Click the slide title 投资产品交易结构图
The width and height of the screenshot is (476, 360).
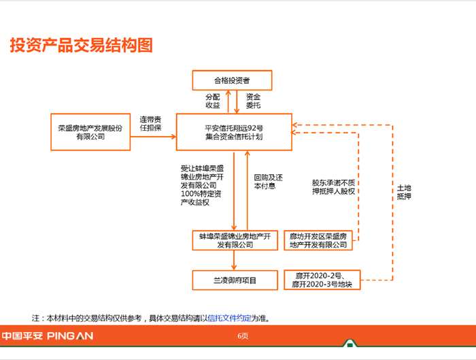[x=81, y=46]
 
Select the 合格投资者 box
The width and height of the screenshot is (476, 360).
[x=232, y=80]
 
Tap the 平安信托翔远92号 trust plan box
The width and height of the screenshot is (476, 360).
[x=234, y=132]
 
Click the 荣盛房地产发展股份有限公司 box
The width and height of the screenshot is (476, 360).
[x=90, y=132]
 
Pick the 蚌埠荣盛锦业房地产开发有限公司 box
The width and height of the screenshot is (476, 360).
[x=235, y=240]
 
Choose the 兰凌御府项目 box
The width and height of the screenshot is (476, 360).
[x=235, y=280]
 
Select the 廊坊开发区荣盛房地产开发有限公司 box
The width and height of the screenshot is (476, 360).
[x=318, y=240]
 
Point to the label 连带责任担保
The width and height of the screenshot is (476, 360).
[x=150, y=122]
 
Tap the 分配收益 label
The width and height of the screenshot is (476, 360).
[x=213, y=101]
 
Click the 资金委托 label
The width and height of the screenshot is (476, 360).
[x=253, y=101]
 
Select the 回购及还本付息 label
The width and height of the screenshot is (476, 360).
[x=268, y=182]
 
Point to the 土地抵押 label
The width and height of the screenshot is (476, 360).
[x=403, y=192]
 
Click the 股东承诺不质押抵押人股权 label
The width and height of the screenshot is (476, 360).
[x=333, y=186]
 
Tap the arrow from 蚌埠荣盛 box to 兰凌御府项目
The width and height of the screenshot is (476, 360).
[x=235, y=260]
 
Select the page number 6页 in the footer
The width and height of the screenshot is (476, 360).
[x=243, y=336]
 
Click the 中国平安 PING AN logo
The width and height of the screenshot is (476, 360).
[x=47, y=336]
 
